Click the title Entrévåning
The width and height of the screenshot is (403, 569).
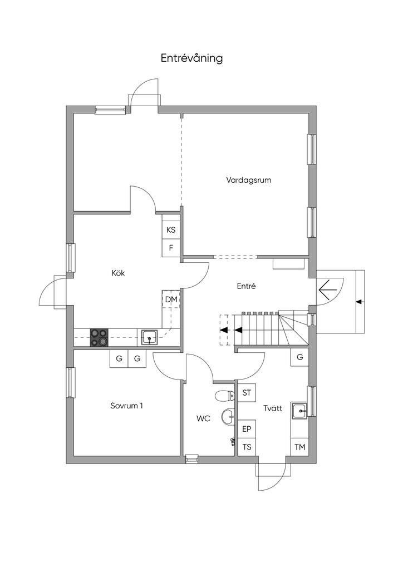click(x=192, y=58)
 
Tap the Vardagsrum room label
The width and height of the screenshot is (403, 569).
click(x=249, y=180)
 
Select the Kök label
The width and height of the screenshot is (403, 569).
click(x=117, y=273)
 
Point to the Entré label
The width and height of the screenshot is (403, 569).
click(x=246, y=286)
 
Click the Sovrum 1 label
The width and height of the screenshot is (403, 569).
click(x=126, y=406)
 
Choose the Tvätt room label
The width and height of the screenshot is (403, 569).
click(x=273, y=408)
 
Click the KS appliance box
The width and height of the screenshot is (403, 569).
click(x=171, y=230)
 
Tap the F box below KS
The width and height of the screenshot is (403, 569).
click(x=171, y=248)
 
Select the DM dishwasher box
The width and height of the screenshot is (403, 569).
click(x=171, y=300)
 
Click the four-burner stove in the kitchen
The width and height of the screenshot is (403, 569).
click(x=100, y=337)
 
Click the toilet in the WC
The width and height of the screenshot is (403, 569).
click(x=224, y=396)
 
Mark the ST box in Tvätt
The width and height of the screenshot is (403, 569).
click(x=247, y=393)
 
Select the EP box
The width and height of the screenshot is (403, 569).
click(x=247, y=430)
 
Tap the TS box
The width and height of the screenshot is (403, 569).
click(x=247, y=447)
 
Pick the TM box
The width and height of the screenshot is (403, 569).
click(x=299, y=447)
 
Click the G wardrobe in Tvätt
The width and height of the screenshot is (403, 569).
click(x=299, y=357)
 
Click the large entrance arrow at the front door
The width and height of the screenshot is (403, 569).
click(x=327, y=288)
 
